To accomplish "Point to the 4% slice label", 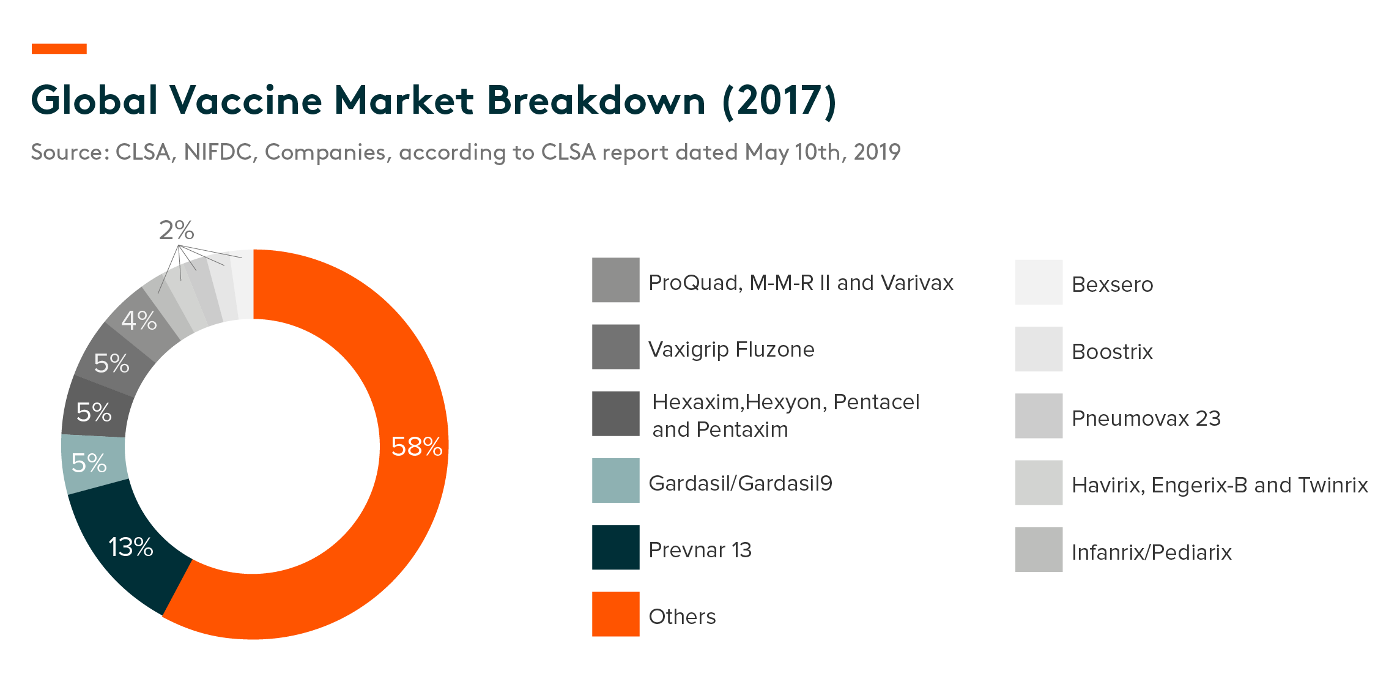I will pyautogui.click(x=139, y=321).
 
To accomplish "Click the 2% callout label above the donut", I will pyautogui.click(x=176, y=231).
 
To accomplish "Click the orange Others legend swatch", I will pyautogui.click(x=615, y=614).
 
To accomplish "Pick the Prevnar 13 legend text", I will pyautogui.click(x=700, y=550).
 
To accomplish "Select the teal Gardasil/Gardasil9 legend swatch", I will pyautogui.click(x=615, y=480).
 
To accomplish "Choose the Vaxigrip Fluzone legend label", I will pyautogui.click(x=731, y=349).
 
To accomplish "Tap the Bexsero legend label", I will pyautogui.click(x=1112, y=284).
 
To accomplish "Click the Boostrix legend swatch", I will pyautogui.click(x=1039, y=349).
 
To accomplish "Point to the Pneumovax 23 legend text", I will pyautogui.click(x=1146, y=418).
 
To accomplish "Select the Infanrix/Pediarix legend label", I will pyautogui.click(x=1151, y=552).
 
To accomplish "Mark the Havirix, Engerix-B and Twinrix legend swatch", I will pyautogui.click(x=1039, y=483).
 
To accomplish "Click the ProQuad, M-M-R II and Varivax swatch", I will pyautogui.click(x=615, y=280).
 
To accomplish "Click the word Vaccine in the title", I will pyautogui.click(x=245, y=100).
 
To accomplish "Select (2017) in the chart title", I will pyautogui.click(x=779, y=100).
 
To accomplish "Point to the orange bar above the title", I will pyautogui.click(x=59, y=48).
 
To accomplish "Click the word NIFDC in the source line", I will pyautogui.click(x=218, y=152).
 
